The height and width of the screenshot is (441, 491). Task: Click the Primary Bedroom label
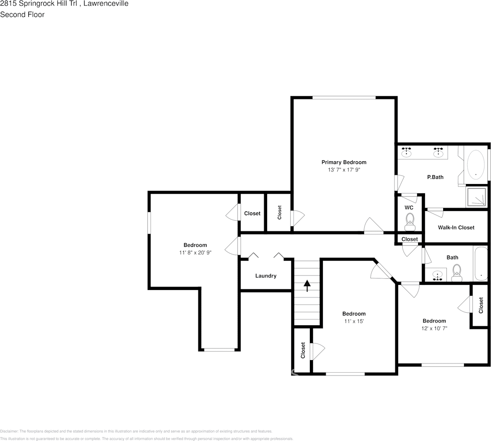pyautogui.click(x=344, y=162)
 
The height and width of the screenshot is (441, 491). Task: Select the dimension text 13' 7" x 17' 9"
pyautogui.click(x=344, y=170)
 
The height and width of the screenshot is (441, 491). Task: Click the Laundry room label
pyautogui.click(x=266, y=276)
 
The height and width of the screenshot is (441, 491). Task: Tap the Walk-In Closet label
pyautogui.click(x=456, y=227)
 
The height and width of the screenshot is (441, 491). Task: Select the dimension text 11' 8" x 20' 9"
pyautogui.click(x=195, y=253)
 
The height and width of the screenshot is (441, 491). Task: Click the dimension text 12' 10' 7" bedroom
pyautogui.click(x=434, y=328)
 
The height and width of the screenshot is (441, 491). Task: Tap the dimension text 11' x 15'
pyautogui.click(x=354, y=321)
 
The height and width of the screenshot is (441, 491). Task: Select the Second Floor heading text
pyautogui.click(x=22, y=14)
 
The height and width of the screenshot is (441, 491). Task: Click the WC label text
pyautogui.click(x=409, y=207)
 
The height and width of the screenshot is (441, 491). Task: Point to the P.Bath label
pyautogui.click(x=435, y=177)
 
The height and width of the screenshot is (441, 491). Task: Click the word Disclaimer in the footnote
pyautogui.click(x=9, y=431)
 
